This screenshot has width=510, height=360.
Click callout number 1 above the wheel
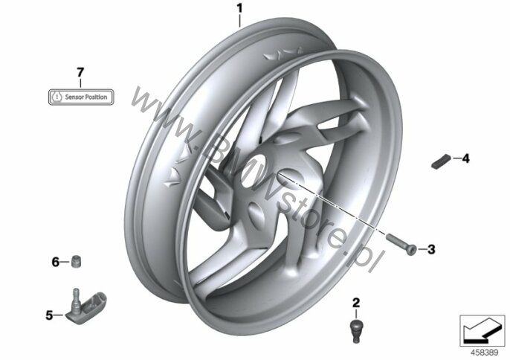pyautogui.click(x=239, y=8)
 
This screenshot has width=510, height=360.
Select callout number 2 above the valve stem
pyautogui.click(x=356, y=303)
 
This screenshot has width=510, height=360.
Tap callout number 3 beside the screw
pyautogui.click(x=431, y=250)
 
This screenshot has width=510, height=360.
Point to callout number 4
pyautogui.click(x=465, y=158)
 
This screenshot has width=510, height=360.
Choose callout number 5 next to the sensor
pyautogui.click(x=49, y=315)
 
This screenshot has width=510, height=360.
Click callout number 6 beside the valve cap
pyautogui.click(x=56, y=262)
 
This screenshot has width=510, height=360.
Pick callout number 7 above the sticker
pyautogui.click(x=80, y=72)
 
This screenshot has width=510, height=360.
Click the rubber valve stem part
pyautogui.click(x=357, y=330)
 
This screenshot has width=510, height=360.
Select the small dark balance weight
pyautogui.click(x=441, y=161)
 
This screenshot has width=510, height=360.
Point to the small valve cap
pyautogui.click(x=76, y=261)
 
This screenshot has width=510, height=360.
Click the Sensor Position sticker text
pyautogui.click(x=86, y=97)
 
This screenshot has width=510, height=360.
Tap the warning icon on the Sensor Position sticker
pyautogui.click(x=57, y=97)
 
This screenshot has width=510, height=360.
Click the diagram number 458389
pyautogui.click(x=484, y=353)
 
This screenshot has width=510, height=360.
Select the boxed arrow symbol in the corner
pyautogui.click(x=482, y=331)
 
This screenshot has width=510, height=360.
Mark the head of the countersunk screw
pyautogui.click(x=413, y=251)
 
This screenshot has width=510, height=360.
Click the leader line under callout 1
pyautogui.click(x=239, y=21)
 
